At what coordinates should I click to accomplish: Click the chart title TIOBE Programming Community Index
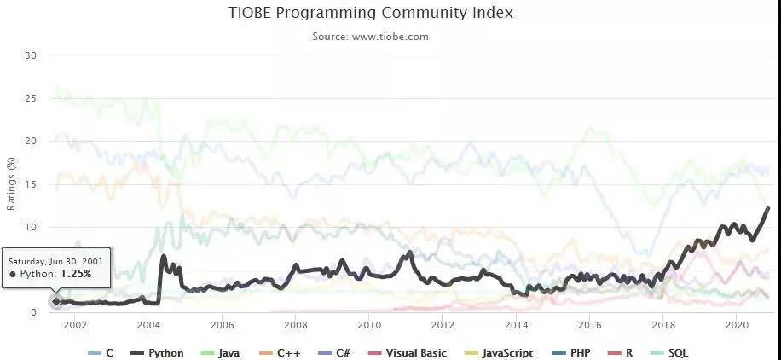click(x=371, y=14)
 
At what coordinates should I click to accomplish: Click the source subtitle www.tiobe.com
click(x=371, y=37)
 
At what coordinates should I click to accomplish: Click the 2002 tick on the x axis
click(x=75, y=326)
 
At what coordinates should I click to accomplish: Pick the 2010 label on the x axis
click(x=369, y=326)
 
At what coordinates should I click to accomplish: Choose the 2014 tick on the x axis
click(x=516, y=326)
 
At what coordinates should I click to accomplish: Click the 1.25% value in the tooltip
click(x=76, y=274)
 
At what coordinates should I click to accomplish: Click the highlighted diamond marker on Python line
click(x=56, y=301)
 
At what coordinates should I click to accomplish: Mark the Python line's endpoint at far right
click(x=768, y=208)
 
